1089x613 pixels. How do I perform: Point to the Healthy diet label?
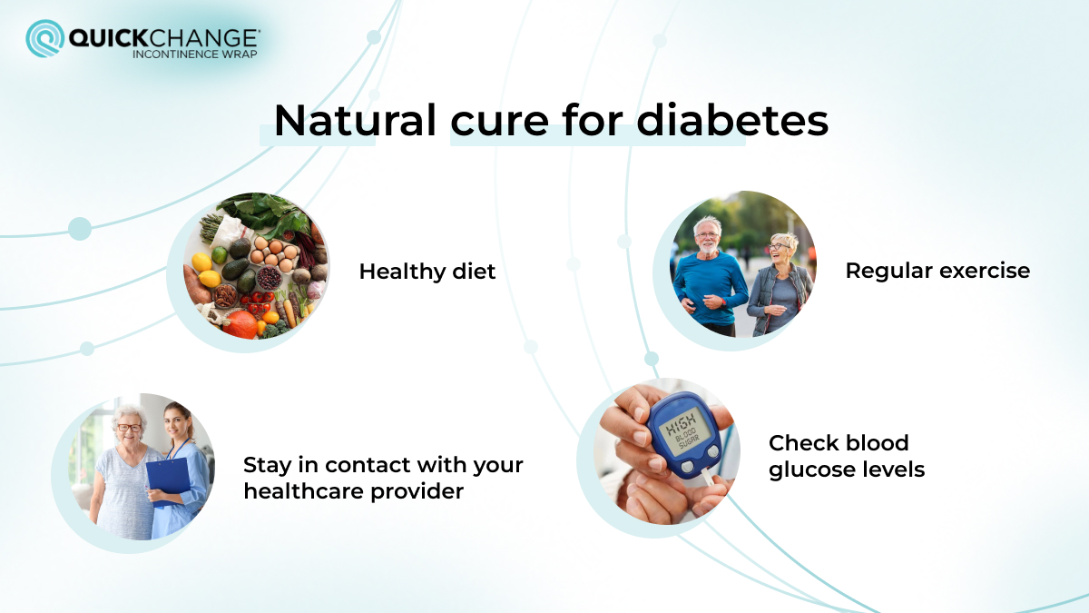(x=427, y=272)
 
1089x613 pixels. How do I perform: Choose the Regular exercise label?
(x=937, y=271)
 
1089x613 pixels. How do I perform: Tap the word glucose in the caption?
(x=810, y=470)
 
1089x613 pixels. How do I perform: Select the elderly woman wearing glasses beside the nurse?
(x=125, y=472)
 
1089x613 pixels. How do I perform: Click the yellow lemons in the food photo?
(x=205, y=270)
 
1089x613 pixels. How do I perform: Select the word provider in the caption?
(x=421, y=491)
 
